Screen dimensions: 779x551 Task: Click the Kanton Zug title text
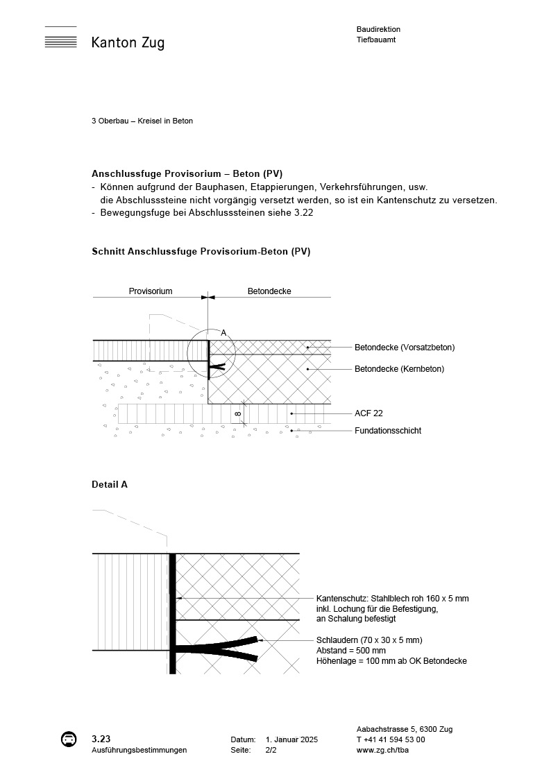coord(128,43)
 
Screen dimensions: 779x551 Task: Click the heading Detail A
coord(110,485)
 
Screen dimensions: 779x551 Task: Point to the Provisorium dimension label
coord(151,291)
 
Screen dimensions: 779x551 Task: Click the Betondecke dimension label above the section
coord(269,291)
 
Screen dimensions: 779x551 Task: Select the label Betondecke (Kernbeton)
coord(399,369)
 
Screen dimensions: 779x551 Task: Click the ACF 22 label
coord(368,413)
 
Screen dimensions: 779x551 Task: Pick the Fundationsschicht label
coord(388,431)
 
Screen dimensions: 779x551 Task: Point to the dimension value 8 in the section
coord(238,414)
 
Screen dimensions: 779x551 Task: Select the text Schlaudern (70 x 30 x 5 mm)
coord(369,640)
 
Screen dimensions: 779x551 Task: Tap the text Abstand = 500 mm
coord(350,651)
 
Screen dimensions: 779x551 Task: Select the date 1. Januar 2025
coord(291,740)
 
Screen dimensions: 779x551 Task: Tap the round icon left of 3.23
coord(69,739)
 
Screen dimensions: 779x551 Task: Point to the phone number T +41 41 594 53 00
coord(391,739)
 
